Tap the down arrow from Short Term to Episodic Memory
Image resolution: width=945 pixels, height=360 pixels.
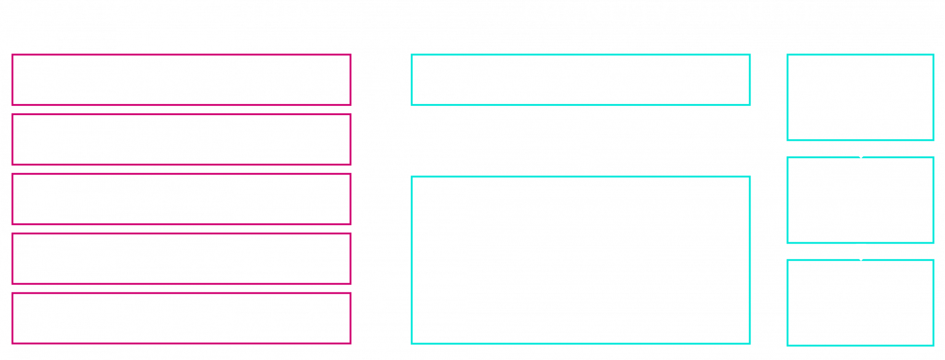[861, 149]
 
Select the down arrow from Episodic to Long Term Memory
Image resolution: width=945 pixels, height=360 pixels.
[861, 251]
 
